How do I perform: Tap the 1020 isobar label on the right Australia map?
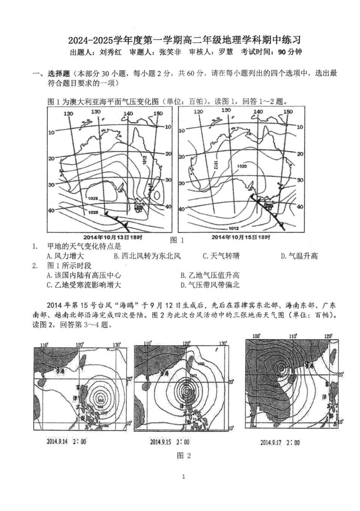point(242,166)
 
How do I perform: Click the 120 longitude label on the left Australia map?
point(68,114)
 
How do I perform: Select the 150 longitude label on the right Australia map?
point(288,111)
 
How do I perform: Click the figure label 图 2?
point(184,456)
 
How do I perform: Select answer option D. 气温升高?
point(299,256)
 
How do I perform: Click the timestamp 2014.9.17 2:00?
point(280,442)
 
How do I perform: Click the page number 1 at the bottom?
point(184,477)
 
